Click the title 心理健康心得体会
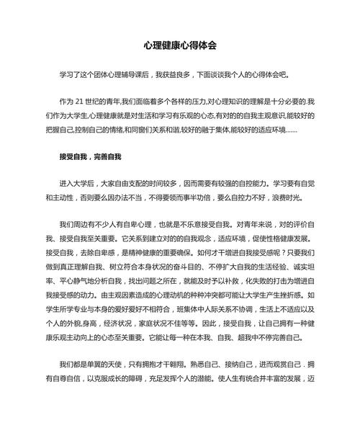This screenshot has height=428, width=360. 179,45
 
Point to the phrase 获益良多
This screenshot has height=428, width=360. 182,74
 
